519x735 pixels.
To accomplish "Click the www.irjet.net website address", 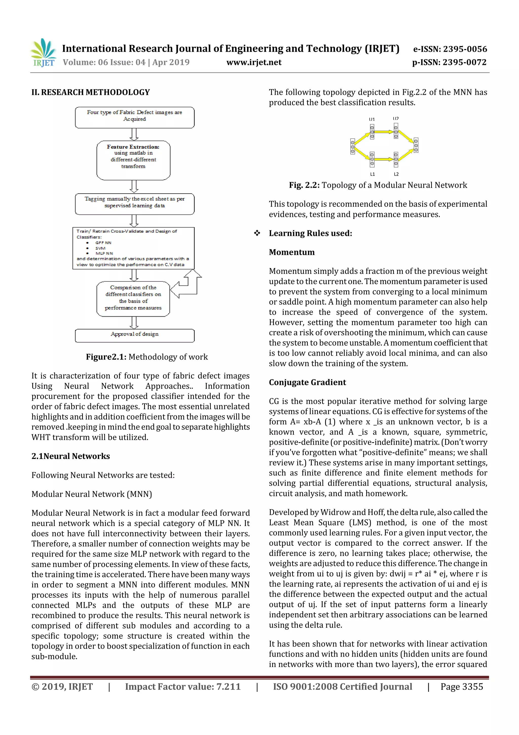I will pyautogui.click(x=254, y=62).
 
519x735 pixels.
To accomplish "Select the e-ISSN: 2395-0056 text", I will pyautogui.click(x=450, y=49).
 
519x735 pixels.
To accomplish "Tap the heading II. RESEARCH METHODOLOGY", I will pyautogui.click(x=90, y=93).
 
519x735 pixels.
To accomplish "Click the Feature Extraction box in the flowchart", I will pyautogui.click(x=133, y=160).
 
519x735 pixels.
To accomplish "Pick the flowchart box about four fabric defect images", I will pyautogui.click(x=135, y=117).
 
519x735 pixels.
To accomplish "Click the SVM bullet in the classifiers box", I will pyautogui.click(x=100, y=248).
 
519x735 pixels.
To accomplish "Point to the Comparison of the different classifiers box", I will pyautogui.click(x=133, y=298).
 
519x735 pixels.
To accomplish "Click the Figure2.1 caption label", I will pyautogui.click(x=106, y=357).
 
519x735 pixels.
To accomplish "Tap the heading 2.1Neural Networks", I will pyautogui.click(x=71, y=456).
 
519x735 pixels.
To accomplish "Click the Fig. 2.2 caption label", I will pyautogui.click(x=304, y=185).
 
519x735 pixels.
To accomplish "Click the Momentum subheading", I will pyautogui.click(x=292, y=252).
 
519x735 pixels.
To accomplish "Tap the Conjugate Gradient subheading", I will pyautogui.click(x=307, y=382).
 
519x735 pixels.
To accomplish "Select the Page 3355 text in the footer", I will pyautogui.click(x=461, y=686).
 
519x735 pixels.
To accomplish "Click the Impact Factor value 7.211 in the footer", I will pyautogui.click(x=183, y=686).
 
